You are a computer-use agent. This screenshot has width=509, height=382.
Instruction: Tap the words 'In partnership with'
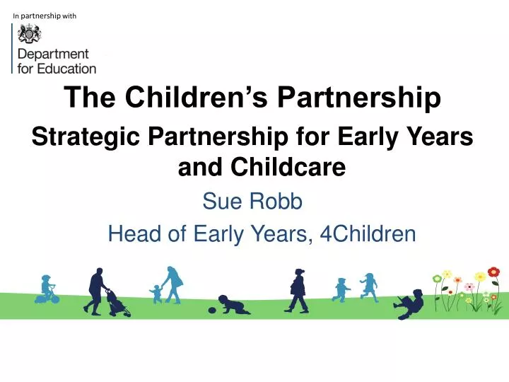click(x=45, y=15)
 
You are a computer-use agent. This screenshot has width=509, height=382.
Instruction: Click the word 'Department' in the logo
click(x=53, y=54)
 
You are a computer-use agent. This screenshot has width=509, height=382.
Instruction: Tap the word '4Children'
click(x=368, y=233)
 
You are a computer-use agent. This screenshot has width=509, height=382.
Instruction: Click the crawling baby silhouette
click(x=233, y=305)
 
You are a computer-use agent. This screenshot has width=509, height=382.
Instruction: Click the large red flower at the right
click(x=493, y=272)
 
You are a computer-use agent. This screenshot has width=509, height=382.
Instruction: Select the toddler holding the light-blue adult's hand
click(x=156, y=293)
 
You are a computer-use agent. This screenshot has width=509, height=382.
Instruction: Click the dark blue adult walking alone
click(x=298, y=290)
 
